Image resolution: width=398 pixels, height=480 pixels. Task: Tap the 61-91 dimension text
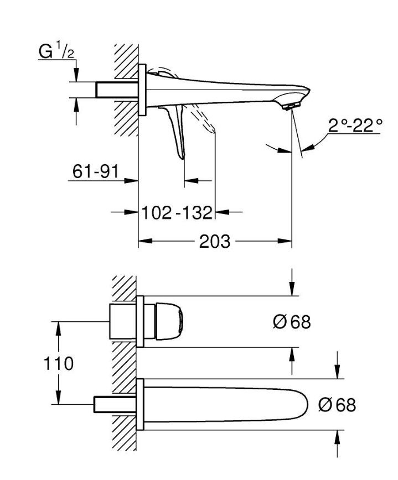coord(95,172)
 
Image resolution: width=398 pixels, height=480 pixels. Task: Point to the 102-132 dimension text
coord(177,212)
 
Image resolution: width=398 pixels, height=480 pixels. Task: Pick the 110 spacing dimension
coord(60,363)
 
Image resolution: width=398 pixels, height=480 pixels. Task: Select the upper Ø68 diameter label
coord(292,322)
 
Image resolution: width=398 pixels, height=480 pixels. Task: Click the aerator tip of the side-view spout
coord(292,105)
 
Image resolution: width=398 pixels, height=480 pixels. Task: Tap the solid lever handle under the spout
coord(177,133)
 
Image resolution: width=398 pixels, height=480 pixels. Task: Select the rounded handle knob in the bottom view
coord(168,321)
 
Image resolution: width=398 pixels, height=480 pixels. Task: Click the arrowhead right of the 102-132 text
coord(220,212)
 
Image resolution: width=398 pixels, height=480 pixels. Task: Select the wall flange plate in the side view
coord(142,90)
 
